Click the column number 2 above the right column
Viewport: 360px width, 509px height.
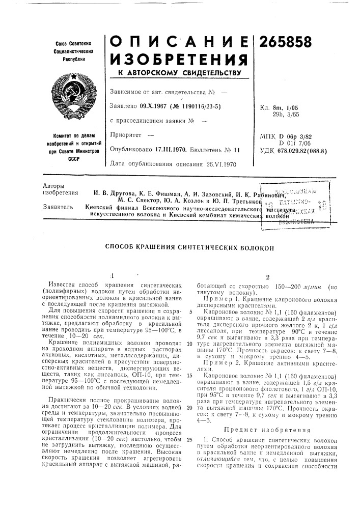267,277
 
